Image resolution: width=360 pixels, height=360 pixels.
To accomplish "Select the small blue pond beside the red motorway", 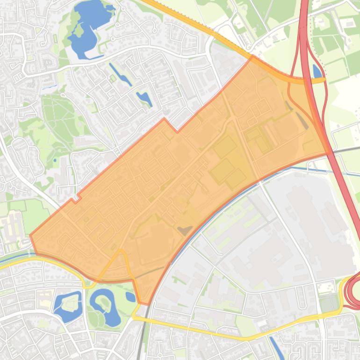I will coord(317,71).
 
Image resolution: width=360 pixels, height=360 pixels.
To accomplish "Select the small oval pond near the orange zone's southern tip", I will coord(130,297).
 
